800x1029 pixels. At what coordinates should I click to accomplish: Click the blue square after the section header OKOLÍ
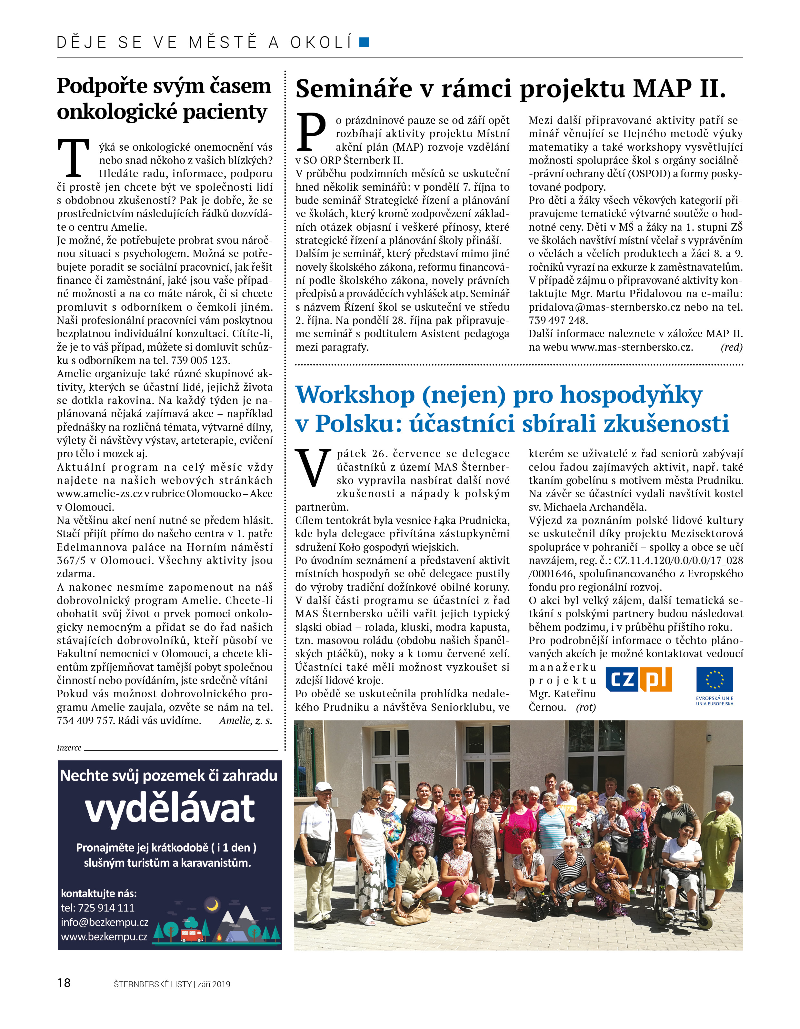pos(364,42)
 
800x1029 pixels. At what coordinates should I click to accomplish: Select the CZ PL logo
pos(638,680)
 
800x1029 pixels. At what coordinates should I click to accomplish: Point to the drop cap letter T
pos(74,158)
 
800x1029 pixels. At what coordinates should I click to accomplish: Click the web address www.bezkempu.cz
pos(104,937)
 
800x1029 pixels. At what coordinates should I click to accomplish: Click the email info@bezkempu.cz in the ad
pos(105,922)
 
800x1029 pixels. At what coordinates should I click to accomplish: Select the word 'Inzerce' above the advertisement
pos(69,748)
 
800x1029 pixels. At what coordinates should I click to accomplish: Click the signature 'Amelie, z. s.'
pos(245,721)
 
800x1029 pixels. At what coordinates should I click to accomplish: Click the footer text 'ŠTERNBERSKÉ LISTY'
pos(152,984)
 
